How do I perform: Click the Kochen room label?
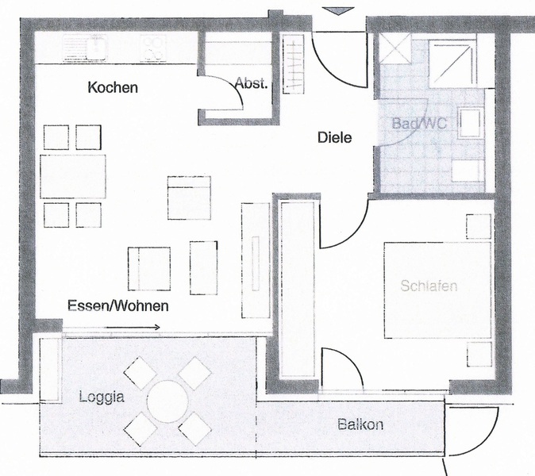(x=113, y=87)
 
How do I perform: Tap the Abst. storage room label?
(x=251, y=83)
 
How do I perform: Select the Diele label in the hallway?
(x=334, y=138)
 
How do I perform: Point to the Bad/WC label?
(x=419, y=123)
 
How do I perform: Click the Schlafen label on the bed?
(x=429, y=286)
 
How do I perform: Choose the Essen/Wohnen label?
(x=118, y=306)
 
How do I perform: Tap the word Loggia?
(x=102, y=397)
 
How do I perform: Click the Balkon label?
(x=360, y=425)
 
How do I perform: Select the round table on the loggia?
(x=167, y=401)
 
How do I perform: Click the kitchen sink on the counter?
(x=85, y=48)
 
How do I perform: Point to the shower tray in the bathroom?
(x=452, y=63)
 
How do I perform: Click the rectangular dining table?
(x=73, y=176)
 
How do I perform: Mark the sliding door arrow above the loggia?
(x=133, y=328)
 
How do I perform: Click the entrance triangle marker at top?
(x=338, y=11)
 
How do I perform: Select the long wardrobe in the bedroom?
(x=298, y=289)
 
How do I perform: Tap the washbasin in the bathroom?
(x=471, y=122)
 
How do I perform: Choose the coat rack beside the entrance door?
(x=293, y=63)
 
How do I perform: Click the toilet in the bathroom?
(x=468, y=171)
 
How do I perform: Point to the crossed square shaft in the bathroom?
(x=395, y=48)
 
